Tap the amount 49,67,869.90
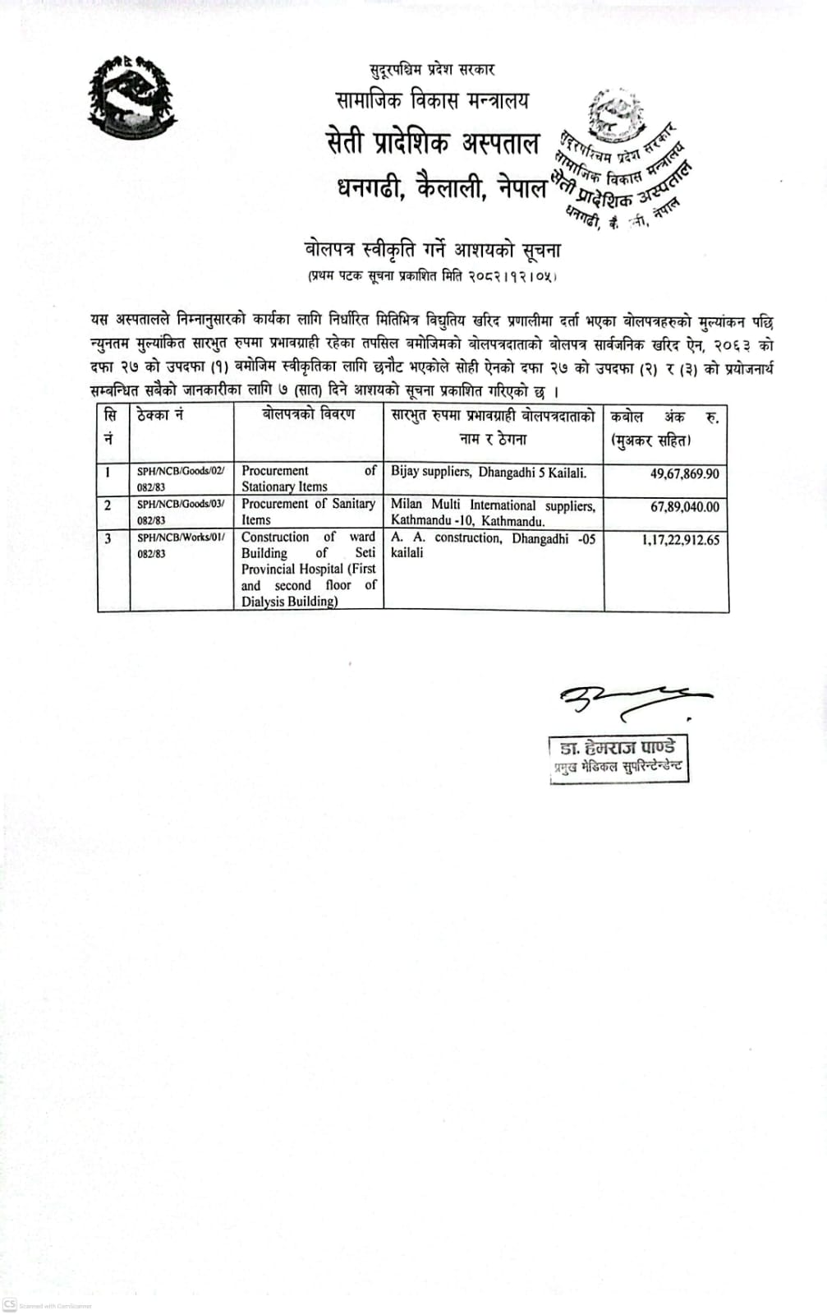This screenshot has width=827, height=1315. pos(684,474)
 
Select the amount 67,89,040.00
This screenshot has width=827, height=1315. pos(684,507)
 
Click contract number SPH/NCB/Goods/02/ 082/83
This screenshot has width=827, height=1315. pos(180,478)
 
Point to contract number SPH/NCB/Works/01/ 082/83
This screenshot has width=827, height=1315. pos(180,545)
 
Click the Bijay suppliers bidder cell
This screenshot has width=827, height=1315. pos(488,473)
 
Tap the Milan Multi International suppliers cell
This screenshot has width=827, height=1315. pos(493,512)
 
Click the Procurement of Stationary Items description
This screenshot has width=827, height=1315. pos(308,478)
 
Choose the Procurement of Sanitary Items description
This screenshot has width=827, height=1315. pos(308,511)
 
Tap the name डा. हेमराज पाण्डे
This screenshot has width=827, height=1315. pos(618,748)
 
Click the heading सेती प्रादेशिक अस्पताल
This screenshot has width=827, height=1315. pos(432,144)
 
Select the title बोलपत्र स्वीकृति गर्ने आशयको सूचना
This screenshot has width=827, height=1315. pos(432,248)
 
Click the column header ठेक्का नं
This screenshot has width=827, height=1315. pos(160,415)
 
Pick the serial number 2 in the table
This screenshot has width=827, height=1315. pos(108,505)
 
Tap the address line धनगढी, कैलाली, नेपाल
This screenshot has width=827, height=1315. pos(441,188)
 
